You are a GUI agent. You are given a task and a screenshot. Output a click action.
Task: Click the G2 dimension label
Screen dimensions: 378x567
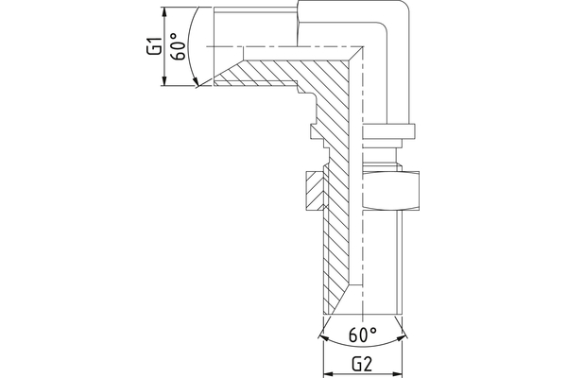365,363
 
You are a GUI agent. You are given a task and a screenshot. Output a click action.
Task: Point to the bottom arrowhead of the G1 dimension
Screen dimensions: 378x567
165,82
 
